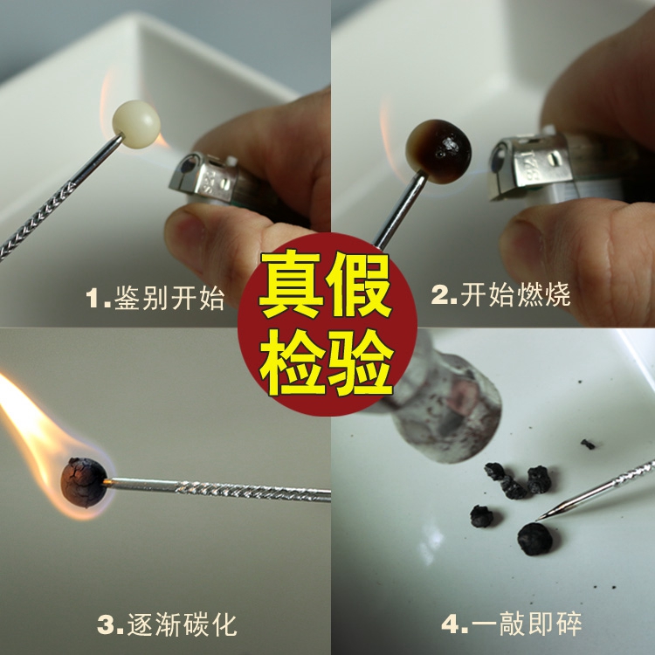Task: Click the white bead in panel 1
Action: point(136,124)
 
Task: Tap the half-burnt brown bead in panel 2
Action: point(438,152)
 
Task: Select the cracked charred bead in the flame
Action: point(84,482)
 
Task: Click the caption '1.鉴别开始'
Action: point(155,298)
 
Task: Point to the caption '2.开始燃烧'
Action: point(500,295)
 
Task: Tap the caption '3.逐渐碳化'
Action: point(167,625)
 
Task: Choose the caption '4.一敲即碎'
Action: point(511,624)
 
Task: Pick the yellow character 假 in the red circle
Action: point(359,285)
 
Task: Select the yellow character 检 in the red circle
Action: point(292,362)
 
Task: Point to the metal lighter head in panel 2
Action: point(531,165)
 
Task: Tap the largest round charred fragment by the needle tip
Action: point(534,539)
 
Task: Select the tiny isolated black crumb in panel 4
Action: point(588,445)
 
